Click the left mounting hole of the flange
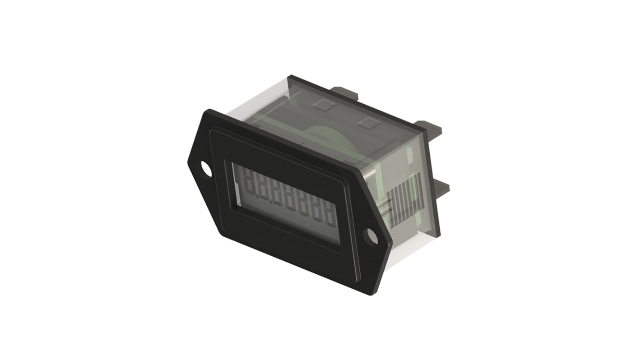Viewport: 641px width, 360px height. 206,169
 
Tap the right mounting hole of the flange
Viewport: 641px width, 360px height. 372,236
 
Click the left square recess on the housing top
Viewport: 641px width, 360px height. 323,105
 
